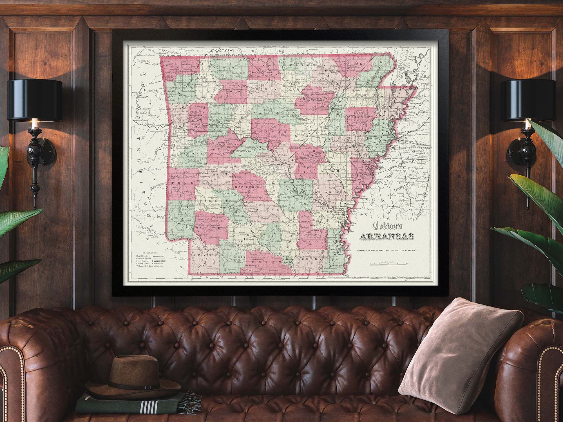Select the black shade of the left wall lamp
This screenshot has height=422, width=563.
pyautogui.click(x=35, y=99)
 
